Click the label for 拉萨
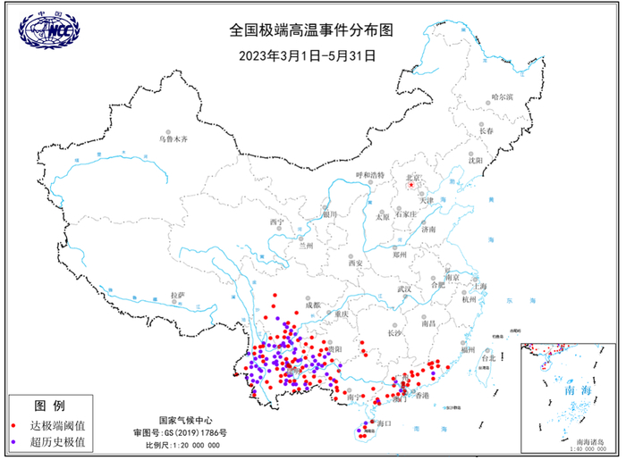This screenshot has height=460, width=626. (x=177, y=294)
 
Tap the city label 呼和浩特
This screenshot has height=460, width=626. (x=369, y=175)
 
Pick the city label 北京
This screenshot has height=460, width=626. (x=413, y=178)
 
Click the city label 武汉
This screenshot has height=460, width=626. (x=404, y=289)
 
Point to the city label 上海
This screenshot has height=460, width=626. (x=480, y=286)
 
